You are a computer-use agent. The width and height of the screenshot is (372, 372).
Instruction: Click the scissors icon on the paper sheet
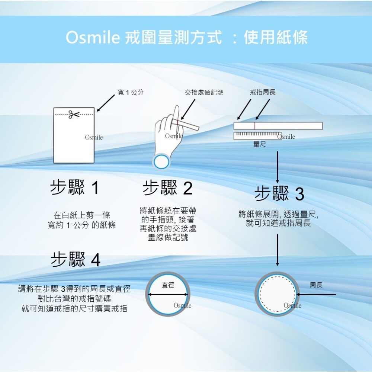coord(74,114)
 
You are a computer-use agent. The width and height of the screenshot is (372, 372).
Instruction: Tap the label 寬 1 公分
coord(131,92)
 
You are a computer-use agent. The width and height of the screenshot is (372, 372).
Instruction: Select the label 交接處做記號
coord(204,92)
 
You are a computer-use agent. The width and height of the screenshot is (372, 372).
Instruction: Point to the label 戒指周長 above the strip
coord(263,92)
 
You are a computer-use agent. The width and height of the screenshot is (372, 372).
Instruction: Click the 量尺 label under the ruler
coord(260,144)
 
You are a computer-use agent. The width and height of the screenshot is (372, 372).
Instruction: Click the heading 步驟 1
coord(74,187)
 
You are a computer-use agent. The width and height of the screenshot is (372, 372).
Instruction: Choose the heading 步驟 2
coord(167,187)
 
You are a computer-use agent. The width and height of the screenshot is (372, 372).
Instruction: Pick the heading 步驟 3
coord(279,193)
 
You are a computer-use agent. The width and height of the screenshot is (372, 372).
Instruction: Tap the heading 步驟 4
coord(76,259)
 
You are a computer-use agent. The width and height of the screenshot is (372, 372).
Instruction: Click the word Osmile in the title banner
coord(93,37)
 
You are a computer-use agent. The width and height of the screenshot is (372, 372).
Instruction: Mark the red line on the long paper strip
coord(254,126)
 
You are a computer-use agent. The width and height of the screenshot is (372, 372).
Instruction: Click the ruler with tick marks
coord(258,136)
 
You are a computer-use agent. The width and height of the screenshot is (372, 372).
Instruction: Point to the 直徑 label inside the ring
coord(168,285)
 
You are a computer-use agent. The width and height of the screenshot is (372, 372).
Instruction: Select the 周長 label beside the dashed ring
coord(316,285)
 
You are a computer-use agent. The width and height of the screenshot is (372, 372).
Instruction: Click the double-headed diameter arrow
coord(168,295)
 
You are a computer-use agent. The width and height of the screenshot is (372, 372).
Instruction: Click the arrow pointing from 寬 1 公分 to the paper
coord(106,103)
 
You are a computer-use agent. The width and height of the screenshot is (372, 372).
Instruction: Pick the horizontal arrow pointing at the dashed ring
coord(316,294)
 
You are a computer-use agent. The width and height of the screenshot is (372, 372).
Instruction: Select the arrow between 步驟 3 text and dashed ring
coord(278,250)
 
